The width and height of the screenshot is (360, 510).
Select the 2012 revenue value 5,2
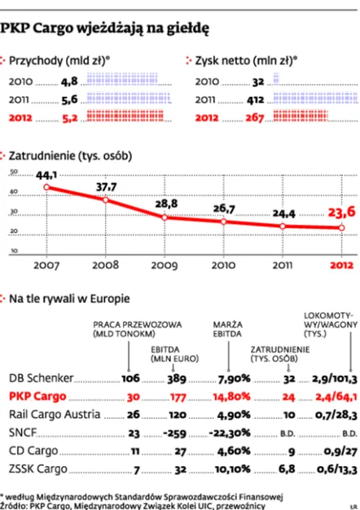[x=70, y=117]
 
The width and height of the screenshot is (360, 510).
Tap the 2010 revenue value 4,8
[x=70, y=81]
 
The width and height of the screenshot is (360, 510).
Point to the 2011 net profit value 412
[x=257, y=99]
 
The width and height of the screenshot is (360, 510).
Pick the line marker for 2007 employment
[x=46, y=187]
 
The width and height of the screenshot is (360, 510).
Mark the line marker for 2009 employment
[x=165, y=218]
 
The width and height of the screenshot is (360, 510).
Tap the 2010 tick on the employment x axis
[x=224, y=265]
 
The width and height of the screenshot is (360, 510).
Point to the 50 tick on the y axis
[x=13, y=173]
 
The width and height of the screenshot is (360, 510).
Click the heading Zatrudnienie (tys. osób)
[x=69, y=154]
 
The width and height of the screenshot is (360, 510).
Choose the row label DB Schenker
[x=40, y=378]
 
